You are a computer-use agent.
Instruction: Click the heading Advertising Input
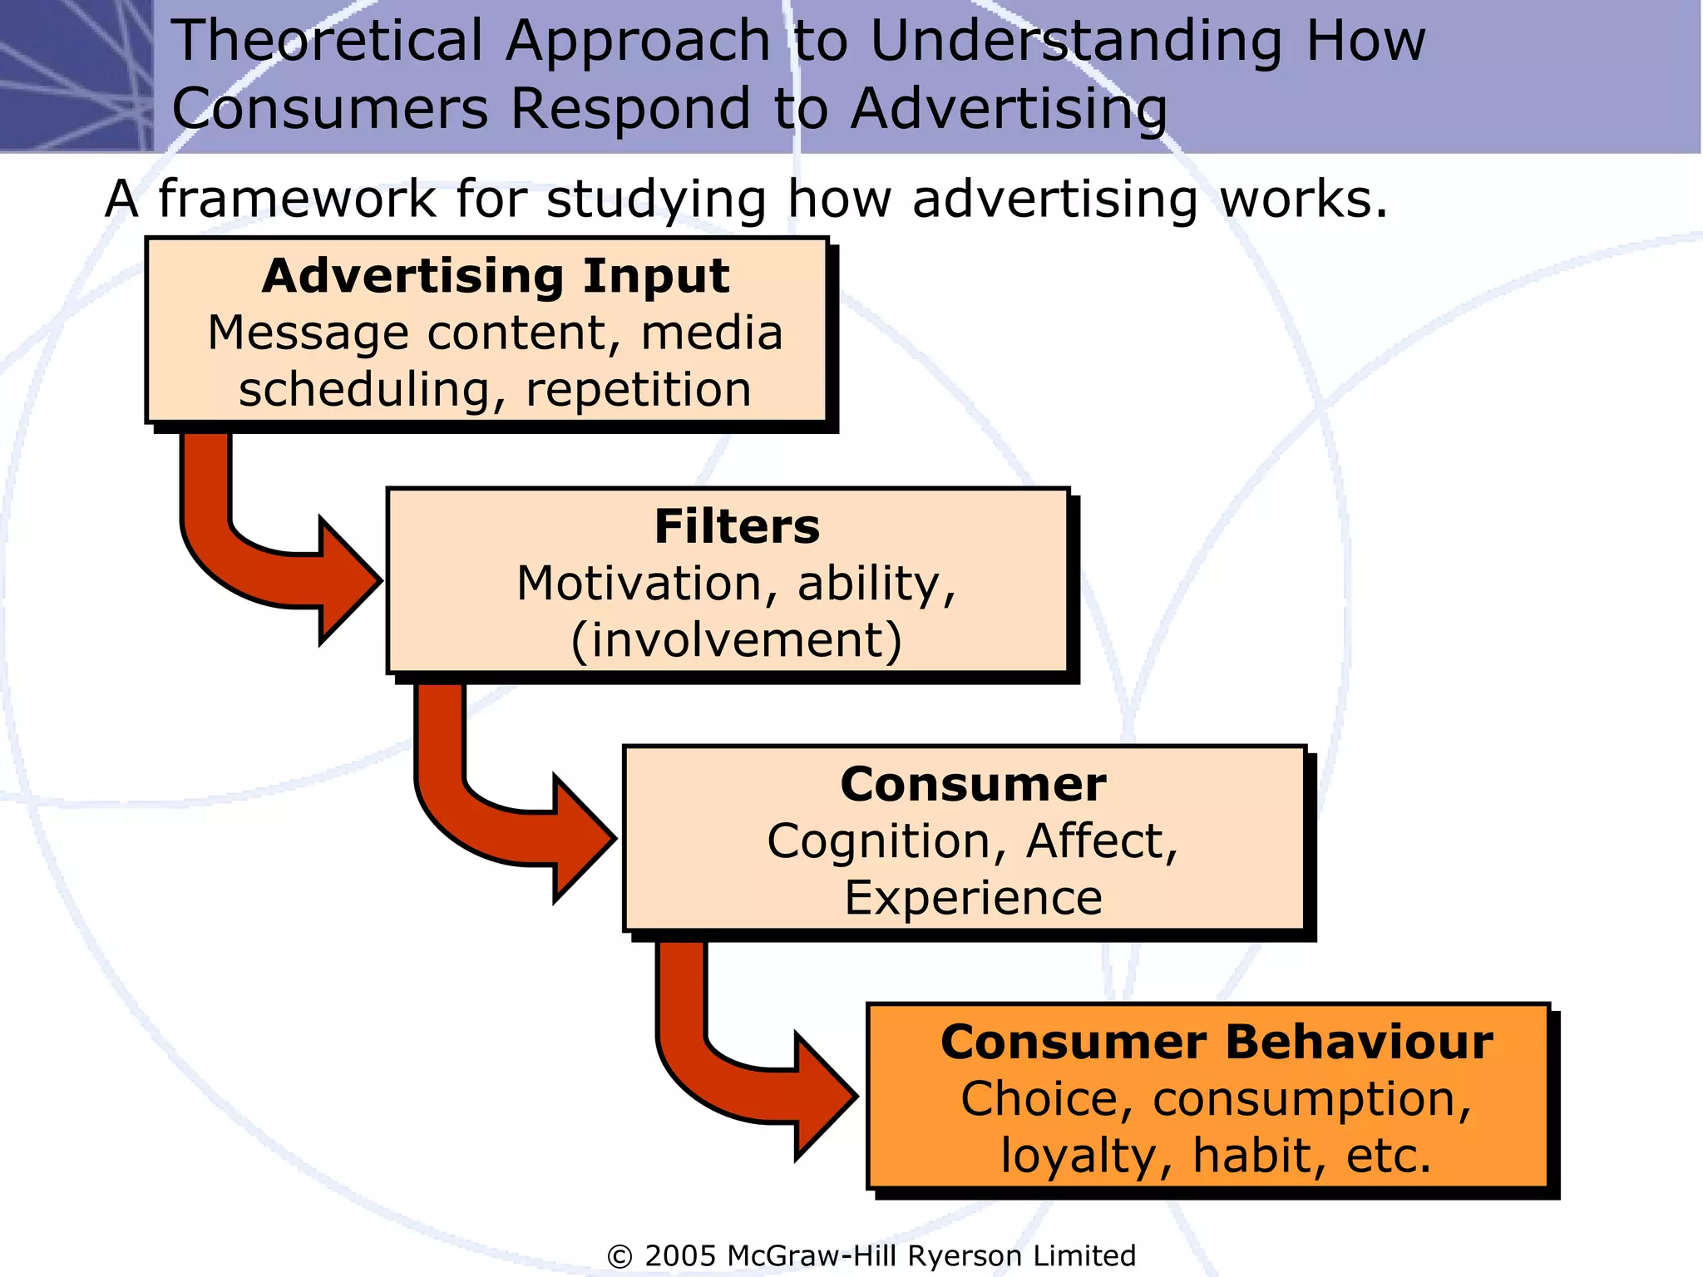point(496,276)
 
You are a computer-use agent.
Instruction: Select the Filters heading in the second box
point(737,527)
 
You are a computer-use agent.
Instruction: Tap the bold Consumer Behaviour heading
point(1217,1043)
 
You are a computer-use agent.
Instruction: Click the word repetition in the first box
point(639,390)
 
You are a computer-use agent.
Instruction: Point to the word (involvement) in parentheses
point(737,640)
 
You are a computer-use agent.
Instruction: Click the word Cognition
point(879,841)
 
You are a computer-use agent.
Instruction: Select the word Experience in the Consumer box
point(973,898)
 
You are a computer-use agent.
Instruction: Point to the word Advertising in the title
point(1009,109)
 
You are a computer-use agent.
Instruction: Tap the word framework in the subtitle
point(297,200)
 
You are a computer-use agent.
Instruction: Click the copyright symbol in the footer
point(619,1256)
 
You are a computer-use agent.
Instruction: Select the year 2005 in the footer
point(680,1255)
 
